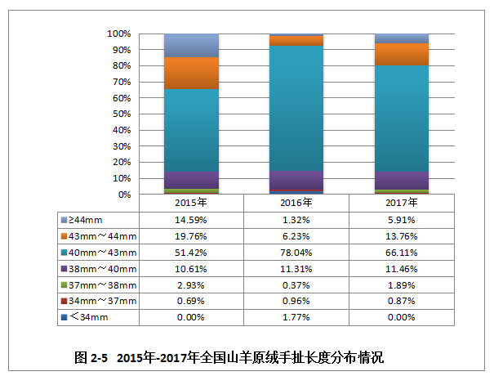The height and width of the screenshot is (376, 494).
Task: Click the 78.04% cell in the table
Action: click(x=296, y=252)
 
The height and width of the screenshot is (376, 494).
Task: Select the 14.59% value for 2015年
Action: click(x=191, y=219)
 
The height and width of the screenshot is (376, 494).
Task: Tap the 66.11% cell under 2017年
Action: click(x=402, y=252)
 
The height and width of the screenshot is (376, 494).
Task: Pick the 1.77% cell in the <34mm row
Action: click(x=296, y=317)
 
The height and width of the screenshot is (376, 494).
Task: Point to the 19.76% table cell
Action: click(x=191, y=235)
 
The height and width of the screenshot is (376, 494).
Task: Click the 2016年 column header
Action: click(x=296, y=203)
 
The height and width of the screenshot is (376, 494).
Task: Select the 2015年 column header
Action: click(x=191, y=203)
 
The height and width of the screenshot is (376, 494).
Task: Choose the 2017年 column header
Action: click(x=402, y=203)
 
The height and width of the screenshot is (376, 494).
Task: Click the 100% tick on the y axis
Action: click(x=119, y=34)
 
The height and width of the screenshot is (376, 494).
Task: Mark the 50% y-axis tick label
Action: click(x=122, y=114)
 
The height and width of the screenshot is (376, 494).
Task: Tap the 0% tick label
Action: click(x=124, y=195)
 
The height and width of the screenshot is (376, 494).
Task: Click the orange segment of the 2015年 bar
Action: click(x=191, y=74)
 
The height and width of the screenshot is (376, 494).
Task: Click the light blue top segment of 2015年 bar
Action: click(x=191, y=46)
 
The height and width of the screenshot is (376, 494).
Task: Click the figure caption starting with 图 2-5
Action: click(x=229, y=357)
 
